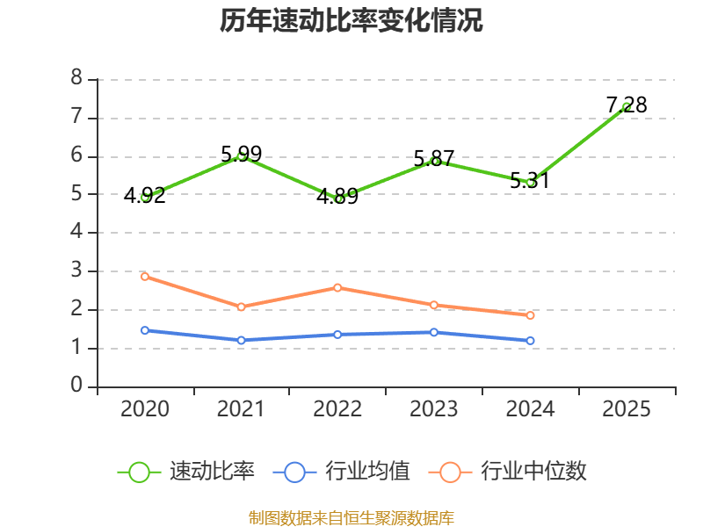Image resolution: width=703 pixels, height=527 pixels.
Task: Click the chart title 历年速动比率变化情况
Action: (x=351, y=20)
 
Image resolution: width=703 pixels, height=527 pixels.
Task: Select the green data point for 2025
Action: (x=627, y=106)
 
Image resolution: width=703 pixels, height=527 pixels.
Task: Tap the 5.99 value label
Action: (x=241, y=155)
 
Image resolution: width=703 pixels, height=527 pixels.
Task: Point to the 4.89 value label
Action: (x=337, y=196)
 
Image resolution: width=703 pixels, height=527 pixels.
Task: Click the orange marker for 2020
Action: (x=145, y=277)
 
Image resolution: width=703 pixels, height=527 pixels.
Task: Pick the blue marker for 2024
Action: (x=530, y=341)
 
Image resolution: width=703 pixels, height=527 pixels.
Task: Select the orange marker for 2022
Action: (x=337, y=288)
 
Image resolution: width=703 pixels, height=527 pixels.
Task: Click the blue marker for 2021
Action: (x=241, y=341)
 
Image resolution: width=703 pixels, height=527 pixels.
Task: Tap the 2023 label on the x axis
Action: (x=433, y=409)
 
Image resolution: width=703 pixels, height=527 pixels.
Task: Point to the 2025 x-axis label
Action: (x=626, y=409)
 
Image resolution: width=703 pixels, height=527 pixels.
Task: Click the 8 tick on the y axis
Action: (x=76, y=77)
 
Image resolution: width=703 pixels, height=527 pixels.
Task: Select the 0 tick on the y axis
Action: (x=76, y=385)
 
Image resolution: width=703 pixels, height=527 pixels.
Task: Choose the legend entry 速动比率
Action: (x=186, y=472)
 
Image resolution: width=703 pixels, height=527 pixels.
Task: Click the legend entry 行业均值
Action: (x=341, y=472)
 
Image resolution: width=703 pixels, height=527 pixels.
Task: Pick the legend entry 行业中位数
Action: (x=508, y=472)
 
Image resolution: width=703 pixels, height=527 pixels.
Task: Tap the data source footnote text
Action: (x=351, y=518)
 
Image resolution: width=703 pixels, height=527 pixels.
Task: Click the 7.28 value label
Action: (x=627, y=105)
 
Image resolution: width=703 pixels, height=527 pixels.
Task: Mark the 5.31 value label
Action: (x=530, y=181)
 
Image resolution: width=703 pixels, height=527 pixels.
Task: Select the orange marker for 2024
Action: (x=530, y=315)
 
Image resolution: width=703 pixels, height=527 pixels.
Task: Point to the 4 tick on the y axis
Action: (x=76, y=231)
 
